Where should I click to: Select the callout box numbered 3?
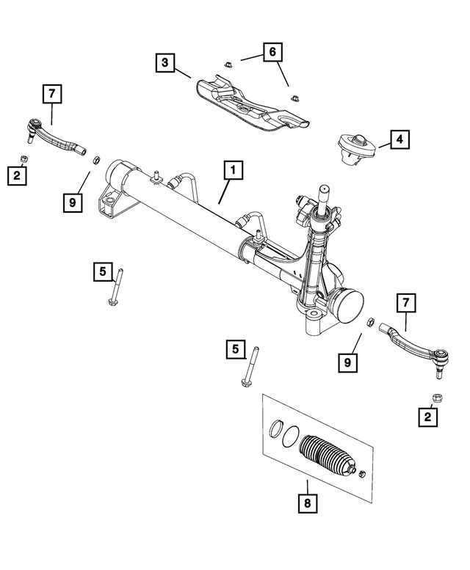[165, 62]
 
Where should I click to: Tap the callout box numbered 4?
[399, 138]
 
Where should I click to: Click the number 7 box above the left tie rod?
[52, 94]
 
